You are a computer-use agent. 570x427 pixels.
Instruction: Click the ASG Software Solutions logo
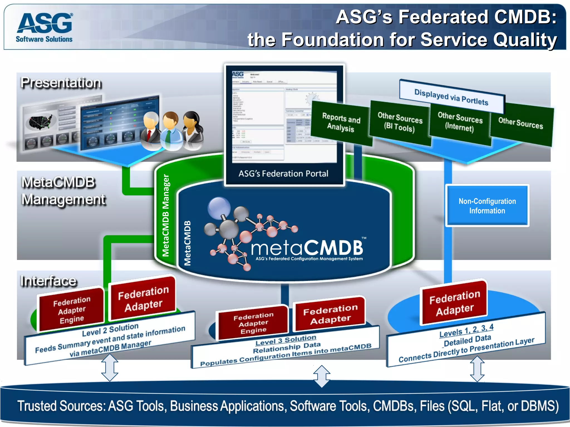(45, 27)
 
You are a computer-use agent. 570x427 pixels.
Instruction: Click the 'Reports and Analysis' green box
(341, 123)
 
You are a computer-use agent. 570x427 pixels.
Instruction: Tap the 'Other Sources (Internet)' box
(460, 122)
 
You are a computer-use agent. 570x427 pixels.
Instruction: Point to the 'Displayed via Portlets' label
(451, 97)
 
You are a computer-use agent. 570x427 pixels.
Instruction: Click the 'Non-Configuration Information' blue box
(487, 206)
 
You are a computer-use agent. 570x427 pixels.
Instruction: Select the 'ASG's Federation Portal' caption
(283, 174)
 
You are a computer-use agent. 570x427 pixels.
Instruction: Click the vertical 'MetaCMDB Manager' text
(166, 215)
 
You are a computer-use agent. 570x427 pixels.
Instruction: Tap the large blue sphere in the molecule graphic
(219, 207)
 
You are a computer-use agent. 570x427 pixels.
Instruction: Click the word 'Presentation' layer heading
(61, 83)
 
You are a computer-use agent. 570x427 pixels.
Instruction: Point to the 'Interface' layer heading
(48, 281)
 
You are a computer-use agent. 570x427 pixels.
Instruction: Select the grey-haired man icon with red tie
(151, 131)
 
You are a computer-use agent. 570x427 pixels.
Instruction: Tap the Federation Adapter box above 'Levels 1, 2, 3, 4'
(455, 303)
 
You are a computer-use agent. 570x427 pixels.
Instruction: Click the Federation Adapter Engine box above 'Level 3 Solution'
(253, 323)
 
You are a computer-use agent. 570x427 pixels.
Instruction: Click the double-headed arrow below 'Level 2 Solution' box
(110, 367)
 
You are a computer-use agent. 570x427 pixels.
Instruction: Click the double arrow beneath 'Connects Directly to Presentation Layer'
(477, 369)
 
